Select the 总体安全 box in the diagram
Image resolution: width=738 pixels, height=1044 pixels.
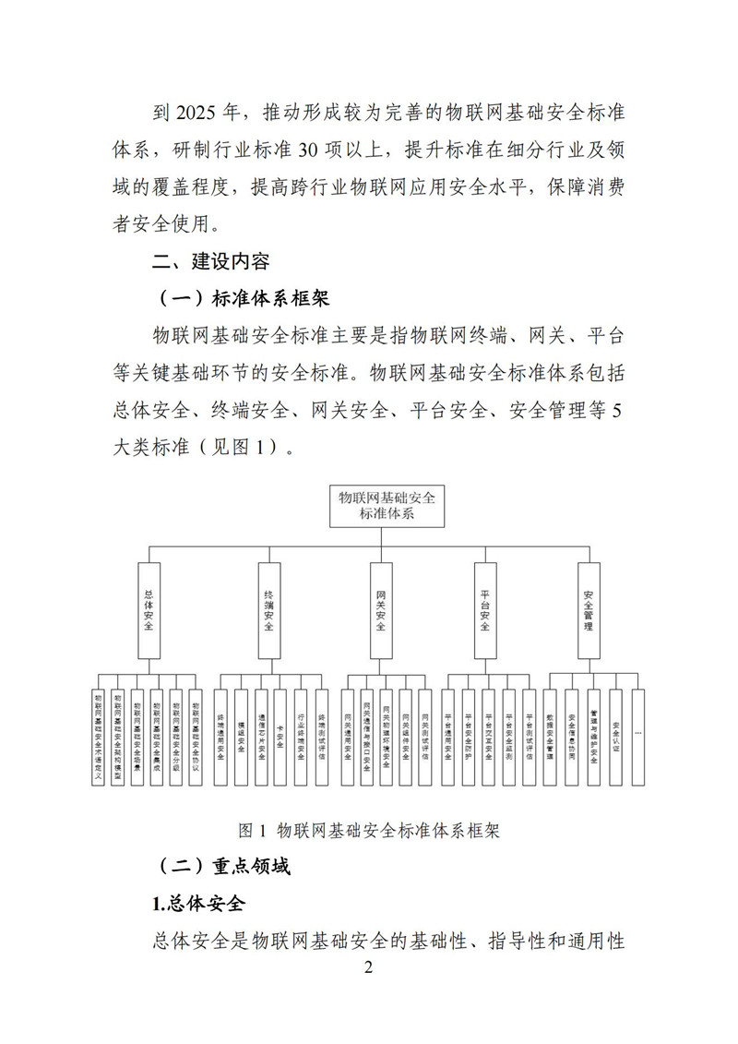click(x=149, y=610)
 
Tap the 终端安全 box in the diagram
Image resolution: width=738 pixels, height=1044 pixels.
click(x=269, y=610)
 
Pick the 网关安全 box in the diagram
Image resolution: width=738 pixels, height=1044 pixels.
click(x=381, y=610)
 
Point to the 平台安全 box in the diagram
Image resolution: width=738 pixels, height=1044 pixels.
click(x=486, y=610)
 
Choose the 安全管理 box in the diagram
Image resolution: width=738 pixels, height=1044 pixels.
click(x=589, y=610)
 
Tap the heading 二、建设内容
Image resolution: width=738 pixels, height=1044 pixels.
click(x=211, y=261)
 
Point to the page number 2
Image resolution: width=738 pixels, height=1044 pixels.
click(x=368, y=967)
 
